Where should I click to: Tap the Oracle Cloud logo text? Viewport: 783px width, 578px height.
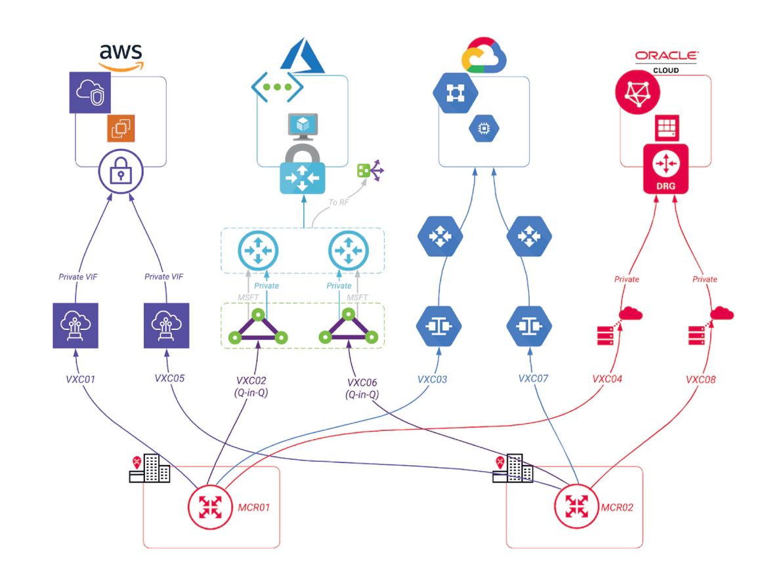(666, 60)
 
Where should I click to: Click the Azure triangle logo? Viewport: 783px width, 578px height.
(303, 53)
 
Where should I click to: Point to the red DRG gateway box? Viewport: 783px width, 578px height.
(666, 169)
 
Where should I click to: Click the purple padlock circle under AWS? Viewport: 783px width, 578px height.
(121, 173)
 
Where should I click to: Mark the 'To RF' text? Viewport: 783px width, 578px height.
(339, 203)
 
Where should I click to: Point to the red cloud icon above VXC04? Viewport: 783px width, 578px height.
(631, 314)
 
